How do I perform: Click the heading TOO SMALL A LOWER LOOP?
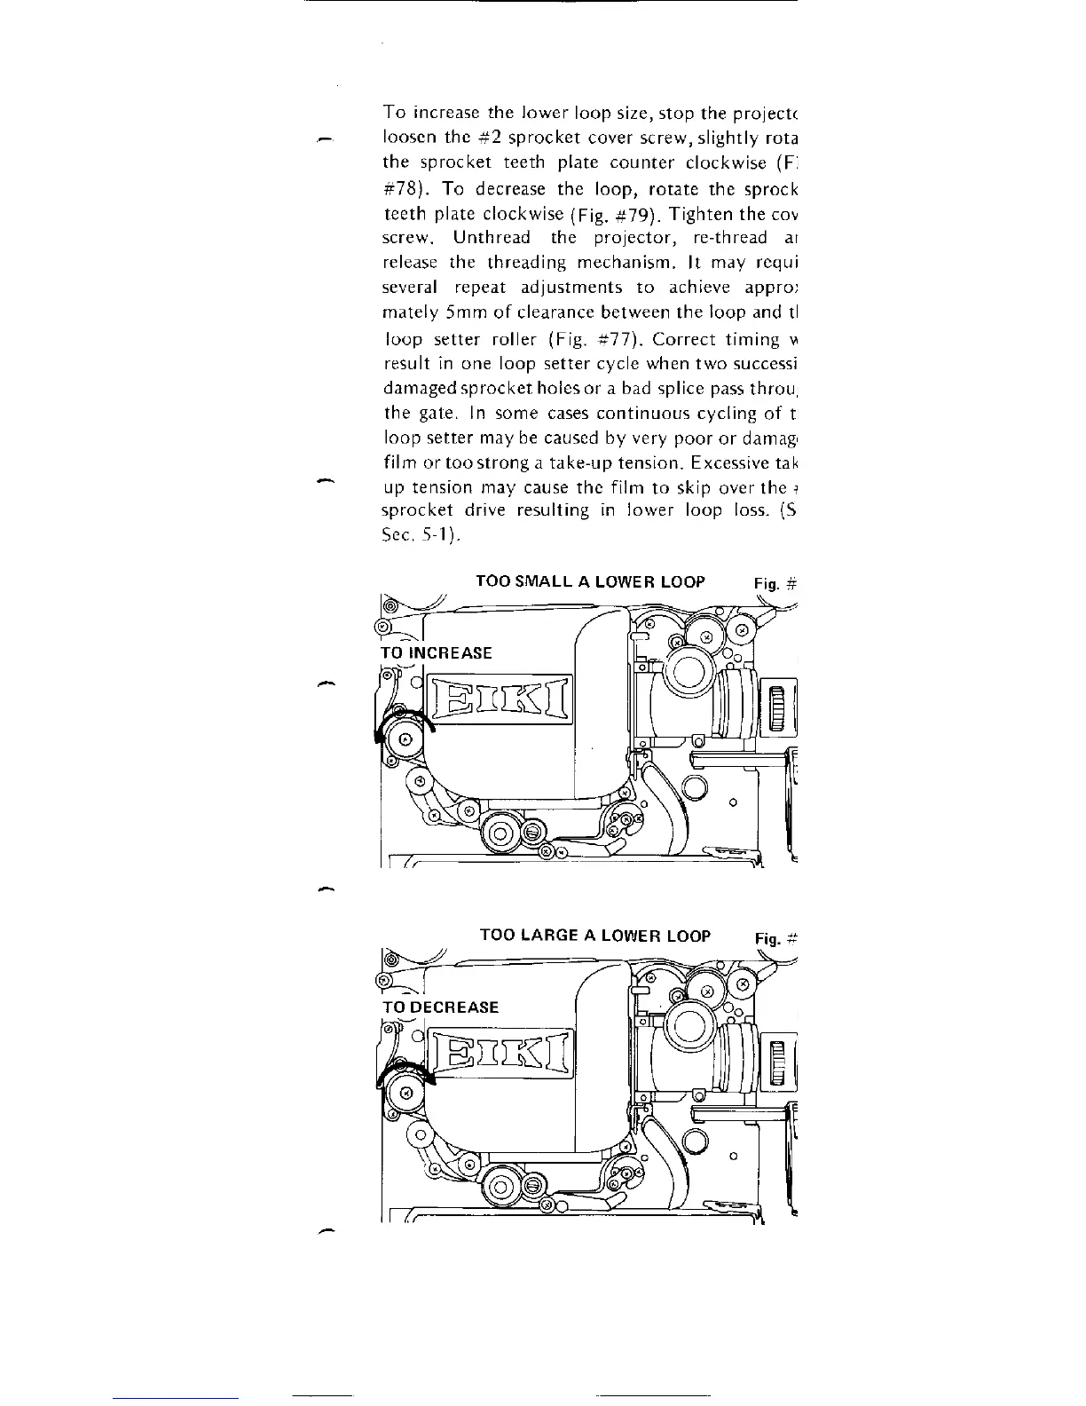tap(590, 581)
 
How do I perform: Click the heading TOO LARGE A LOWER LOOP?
tap(594, 936)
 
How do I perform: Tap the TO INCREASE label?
tap(436, 652)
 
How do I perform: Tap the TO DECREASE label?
tap(439, 1007)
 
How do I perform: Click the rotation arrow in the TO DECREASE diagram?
tap(404, 1075)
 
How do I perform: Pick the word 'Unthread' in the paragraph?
tap(492, 238)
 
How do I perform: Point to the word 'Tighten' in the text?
tap(699, 213)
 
